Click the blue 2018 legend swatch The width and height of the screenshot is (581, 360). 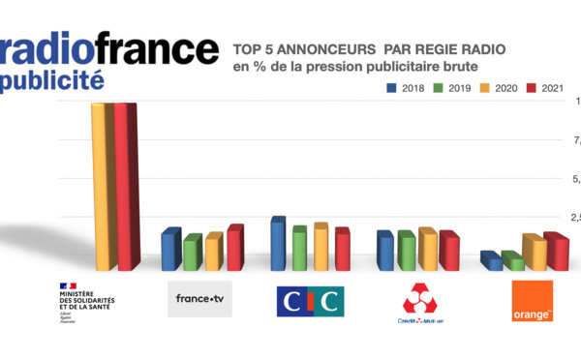click(392, 87)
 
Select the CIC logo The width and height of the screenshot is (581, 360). click(311, 301)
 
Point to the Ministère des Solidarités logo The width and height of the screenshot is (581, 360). click(85, 302)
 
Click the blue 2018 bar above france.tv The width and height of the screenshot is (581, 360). click(170, 250)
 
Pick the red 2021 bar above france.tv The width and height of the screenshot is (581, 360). click(234, 248)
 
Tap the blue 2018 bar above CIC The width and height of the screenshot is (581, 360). click(278, 244)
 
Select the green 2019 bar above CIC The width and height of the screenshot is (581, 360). click(298, 249)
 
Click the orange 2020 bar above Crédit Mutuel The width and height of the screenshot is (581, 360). click(426, 250)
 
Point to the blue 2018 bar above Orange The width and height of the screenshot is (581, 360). click(492, 260)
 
